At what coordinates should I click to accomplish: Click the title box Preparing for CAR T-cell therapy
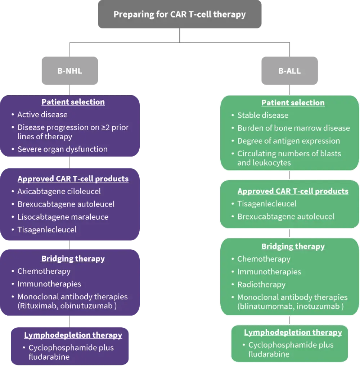click(180, 15)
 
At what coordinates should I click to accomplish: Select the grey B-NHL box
click(70, 71)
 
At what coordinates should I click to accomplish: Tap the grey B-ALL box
click(289, 71)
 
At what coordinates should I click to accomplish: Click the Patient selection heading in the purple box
click(73, 102)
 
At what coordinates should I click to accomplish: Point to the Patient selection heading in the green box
click(293, 103)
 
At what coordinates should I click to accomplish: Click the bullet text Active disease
click(42, 114)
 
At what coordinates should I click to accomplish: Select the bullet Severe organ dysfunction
click(63, 149)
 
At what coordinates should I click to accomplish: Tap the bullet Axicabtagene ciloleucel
click(59, 191)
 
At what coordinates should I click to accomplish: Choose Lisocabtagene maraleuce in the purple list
click(63, 217)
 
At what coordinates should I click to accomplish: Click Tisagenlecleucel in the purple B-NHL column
click(47, 229)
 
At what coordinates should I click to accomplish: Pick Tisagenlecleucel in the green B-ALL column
click(267, 204)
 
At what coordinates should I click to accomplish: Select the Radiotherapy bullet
click(261, 284)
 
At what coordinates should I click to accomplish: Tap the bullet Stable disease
click(263, 115)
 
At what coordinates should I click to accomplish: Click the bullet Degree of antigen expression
click(288, 141)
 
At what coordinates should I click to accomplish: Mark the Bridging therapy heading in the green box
click(293, 246)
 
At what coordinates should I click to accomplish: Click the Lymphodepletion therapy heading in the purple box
click(73, 335)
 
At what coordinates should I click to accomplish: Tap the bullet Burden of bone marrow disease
click(293, 128)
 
